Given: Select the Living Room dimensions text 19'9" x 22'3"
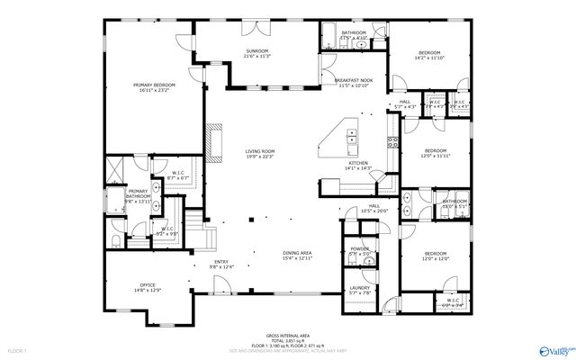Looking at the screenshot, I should (x=260, y=157).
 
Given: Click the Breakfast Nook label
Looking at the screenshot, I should (x=354, y=81).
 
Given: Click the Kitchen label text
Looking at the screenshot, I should (x=359, y=163).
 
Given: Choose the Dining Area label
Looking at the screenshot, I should (x=297, y=253).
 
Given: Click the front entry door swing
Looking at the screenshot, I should (x=215, y=287).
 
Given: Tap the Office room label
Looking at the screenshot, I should (x=147, y=286).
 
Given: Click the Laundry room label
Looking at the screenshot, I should (x=359, y=287).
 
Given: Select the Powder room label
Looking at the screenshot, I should (x=359, y=249).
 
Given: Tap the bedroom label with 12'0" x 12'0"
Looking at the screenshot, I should (x=436, y=255).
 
